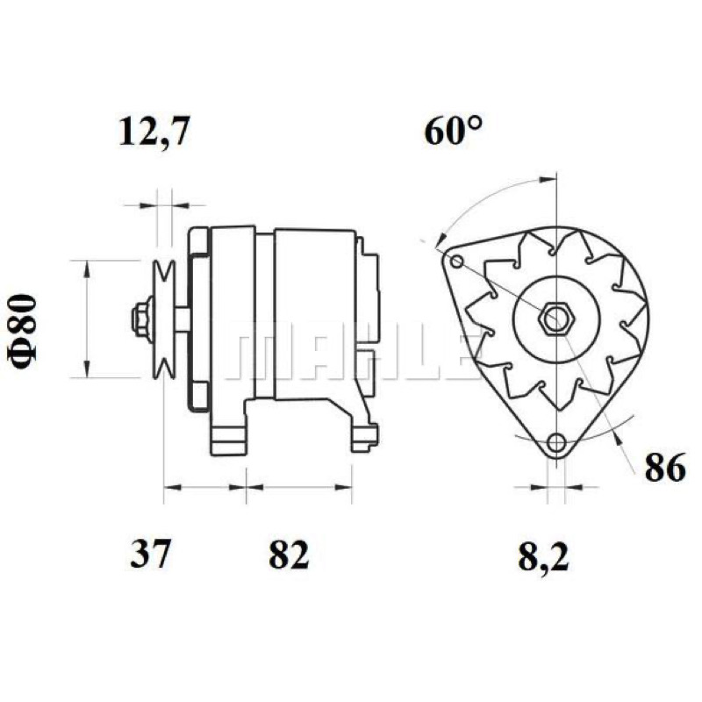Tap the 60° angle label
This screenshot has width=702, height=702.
454,130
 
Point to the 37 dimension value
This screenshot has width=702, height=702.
150,554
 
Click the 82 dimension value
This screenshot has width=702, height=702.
289,554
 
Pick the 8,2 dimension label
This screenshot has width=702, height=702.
543,555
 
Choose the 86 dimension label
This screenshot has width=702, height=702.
665,467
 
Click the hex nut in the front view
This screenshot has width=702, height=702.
555,319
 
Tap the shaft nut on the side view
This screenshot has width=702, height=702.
141,319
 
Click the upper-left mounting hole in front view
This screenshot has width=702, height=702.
456,261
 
